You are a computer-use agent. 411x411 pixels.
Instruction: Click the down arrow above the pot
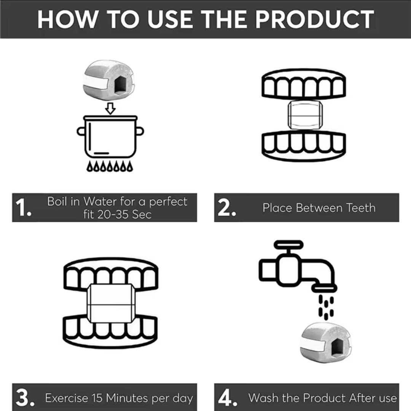pyautogui.click(x=110, y=108)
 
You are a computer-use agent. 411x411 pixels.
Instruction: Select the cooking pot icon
pyautogui.click(x=110, y=136)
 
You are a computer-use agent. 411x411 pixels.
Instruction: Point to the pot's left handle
pyautogui.click(x=81, y=131)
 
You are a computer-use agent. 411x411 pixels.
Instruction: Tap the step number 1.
pyautogui.click(x=23, y=207)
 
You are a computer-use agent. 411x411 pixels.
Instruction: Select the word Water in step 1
pyautogui.click(x=100, y=201)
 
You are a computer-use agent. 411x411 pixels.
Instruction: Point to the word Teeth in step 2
pyautogui.click(x=361, y=208)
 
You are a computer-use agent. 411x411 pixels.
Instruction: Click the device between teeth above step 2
pyautogui.click(x=305, y=115)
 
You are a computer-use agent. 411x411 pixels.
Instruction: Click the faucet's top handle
pyautogui.click(x=288, y=245)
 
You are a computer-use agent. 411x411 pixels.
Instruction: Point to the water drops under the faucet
pyautogui.click(x=326, y=307)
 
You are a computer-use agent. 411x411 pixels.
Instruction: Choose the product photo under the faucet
pyautogui.click(x=325, y=343)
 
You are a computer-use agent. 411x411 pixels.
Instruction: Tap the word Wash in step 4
pyautogui.click(x=263, y=398)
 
